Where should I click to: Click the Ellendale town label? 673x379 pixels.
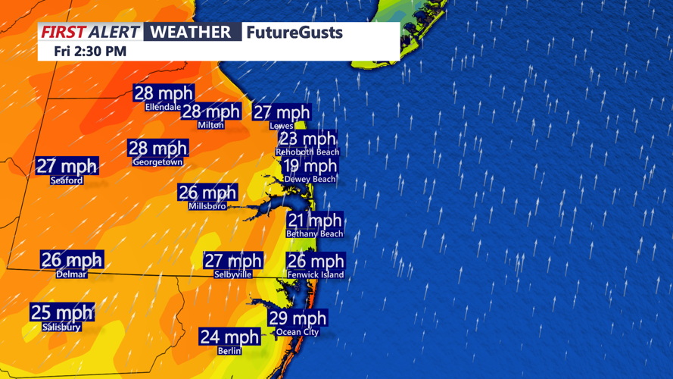163,107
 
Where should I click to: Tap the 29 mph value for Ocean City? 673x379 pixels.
298,318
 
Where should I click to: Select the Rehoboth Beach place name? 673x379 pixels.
307,152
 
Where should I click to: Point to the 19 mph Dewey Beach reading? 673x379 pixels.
310,166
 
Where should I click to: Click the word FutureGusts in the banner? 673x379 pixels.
294,33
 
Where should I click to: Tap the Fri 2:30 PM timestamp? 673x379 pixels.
90,52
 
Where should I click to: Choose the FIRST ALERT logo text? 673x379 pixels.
90,32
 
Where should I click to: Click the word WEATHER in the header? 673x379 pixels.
191,32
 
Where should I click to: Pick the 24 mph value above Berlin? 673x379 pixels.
229,337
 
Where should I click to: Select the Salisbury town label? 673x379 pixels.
61,327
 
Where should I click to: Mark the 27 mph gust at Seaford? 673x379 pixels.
67,166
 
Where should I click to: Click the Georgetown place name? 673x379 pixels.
157,162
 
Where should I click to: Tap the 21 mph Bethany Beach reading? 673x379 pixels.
314,221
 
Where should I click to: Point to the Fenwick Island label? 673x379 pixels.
316,274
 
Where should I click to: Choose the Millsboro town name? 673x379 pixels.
207,206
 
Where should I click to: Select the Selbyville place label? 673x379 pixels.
233,274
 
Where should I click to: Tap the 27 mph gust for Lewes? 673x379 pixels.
282,113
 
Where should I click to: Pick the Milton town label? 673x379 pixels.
210,125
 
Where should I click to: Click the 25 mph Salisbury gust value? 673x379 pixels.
61,312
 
